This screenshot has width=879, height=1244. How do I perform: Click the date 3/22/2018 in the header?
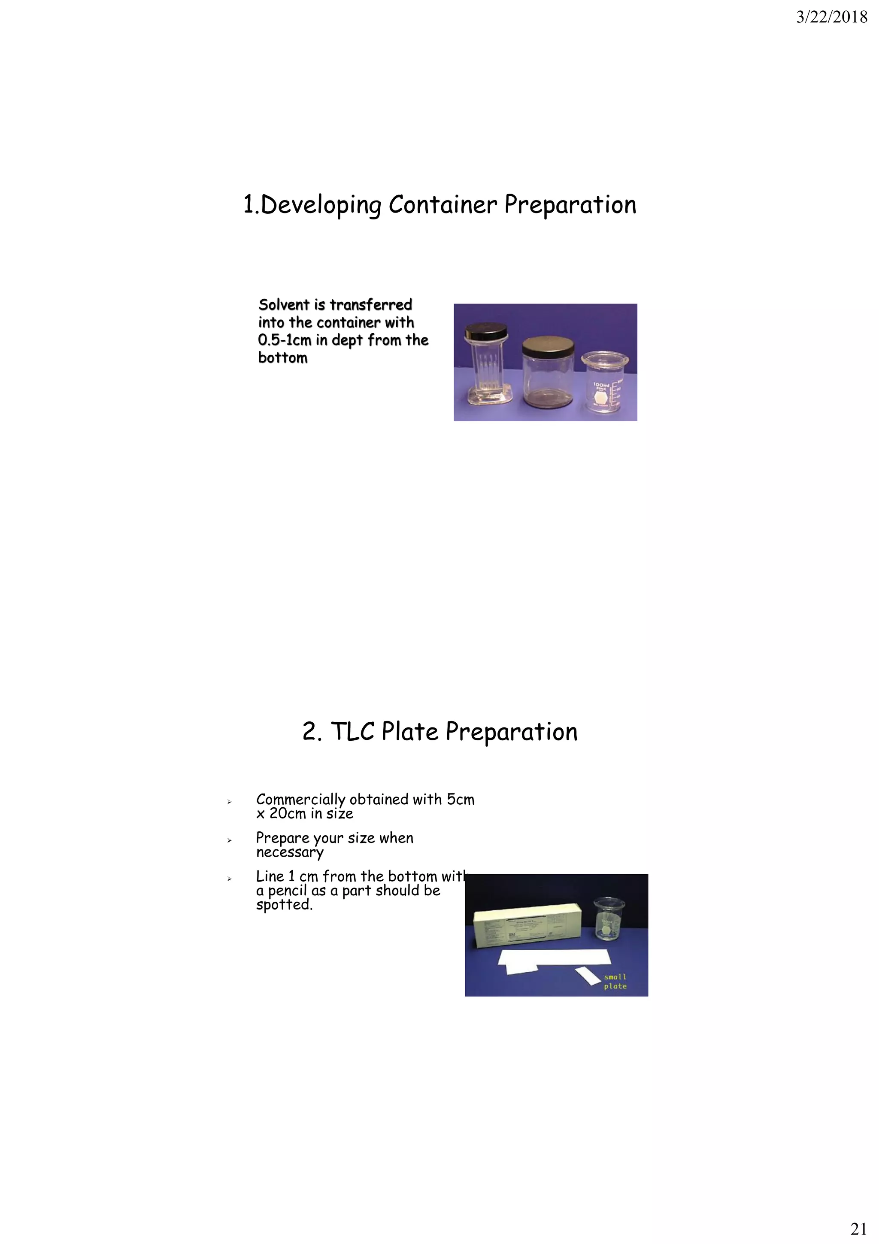[831, 18]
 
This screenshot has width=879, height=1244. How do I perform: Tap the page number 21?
[858, 1228]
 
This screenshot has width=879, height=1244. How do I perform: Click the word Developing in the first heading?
[321, 205]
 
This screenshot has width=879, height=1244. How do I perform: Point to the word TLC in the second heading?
[352, 732]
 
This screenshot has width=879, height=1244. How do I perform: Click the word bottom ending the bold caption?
[283, 358]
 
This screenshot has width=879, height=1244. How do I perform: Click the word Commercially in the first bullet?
[300, 800]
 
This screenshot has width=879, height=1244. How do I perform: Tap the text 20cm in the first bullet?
[288, 814]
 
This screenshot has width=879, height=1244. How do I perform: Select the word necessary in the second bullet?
[290, 853]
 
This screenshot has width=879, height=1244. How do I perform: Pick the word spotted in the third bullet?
[284, 905]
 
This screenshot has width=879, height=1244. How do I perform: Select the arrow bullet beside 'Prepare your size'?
[229, 840]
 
